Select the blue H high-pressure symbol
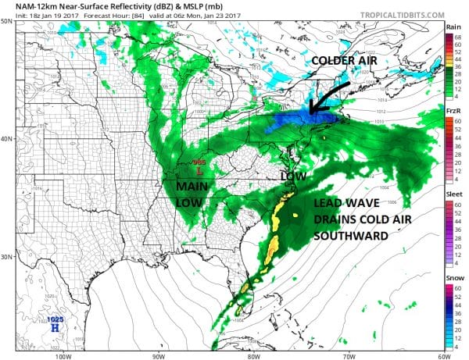tap(54, 328)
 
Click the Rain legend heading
tap(454, 27)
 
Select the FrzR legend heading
tap(454, 112)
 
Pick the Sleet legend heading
tap(454, 194)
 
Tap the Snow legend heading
tap(454, 279)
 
